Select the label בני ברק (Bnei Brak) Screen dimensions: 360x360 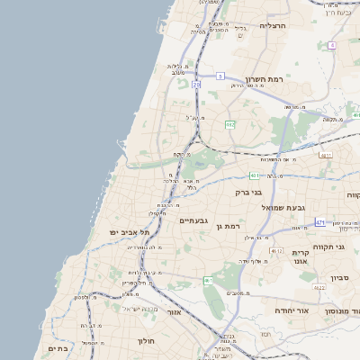coord(247,192)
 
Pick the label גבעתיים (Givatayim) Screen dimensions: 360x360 coord(194,220)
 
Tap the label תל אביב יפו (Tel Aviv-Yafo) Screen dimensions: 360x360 coord(114,231)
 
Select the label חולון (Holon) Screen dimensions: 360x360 coord(146,341)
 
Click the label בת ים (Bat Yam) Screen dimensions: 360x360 coord(58,348)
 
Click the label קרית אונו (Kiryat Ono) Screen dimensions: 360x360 coord(301,259)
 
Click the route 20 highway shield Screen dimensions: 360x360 coord(196,85)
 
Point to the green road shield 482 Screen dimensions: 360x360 coord(229,124)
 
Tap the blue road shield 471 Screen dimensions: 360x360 coord(320,221)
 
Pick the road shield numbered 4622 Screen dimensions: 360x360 coord(319,287)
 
